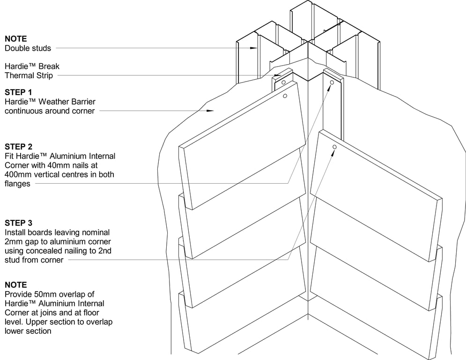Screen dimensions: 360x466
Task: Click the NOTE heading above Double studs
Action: tap(16, 39)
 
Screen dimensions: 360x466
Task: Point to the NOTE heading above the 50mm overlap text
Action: tap(16, 285)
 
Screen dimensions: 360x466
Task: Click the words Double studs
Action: tap(28, 48)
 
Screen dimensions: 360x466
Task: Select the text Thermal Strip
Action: tap(29, 75)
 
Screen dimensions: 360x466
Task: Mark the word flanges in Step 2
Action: tap(17, 184)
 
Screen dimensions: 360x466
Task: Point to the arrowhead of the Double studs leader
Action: tap(254, 48)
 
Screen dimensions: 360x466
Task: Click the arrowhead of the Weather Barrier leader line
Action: tap(212, 111)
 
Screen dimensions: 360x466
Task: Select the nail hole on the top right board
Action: tap(334, 147)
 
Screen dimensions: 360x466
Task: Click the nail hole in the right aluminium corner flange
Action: tap(332, 82)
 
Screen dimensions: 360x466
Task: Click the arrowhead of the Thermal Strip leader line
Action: tap(277, 75)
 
